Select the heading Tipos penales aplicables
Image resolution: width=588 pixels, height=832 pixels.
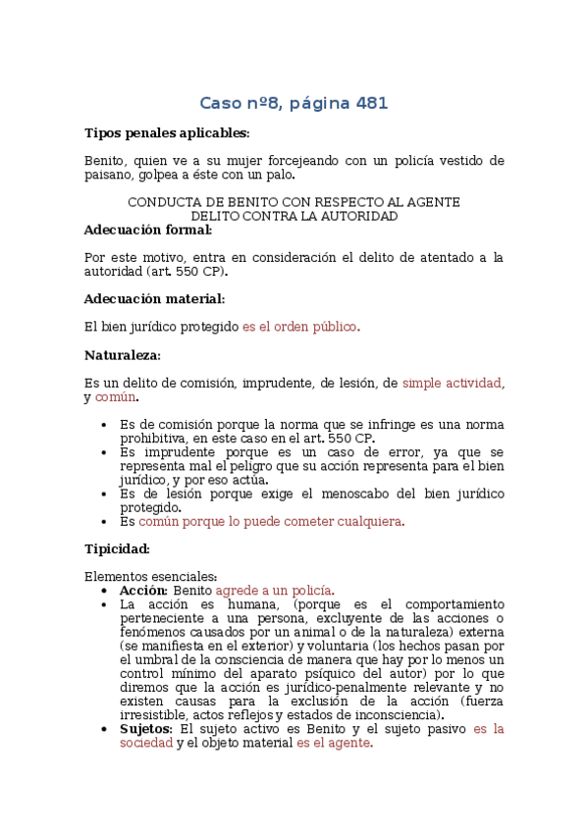pyautogui.click(x=167, y=132)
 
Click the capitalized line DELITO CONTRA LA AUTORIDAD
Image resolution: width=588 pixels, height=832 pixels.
pyautogui.click(x=294, y=216)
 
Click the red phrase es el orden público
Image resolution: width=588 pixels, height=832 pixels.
pyautogui.click(x=301, y=327)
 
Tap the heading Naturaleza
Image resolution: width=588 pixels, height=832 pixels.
pyautogui.click(x=123, y=354)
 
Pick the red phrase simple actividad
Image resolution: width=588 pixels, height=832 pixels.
pyautogui.click(x=453, y=383)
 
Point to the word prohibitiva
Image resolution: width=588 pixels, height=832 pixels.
pyautogui.click(x=159, y=438)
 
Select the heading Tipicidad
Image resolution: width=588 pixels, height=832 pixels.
pyautogui.click(x=117, y=548)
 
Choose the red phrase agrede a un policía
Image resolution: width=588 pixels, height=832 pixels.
pyautogui.click(x=275, y=591)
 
